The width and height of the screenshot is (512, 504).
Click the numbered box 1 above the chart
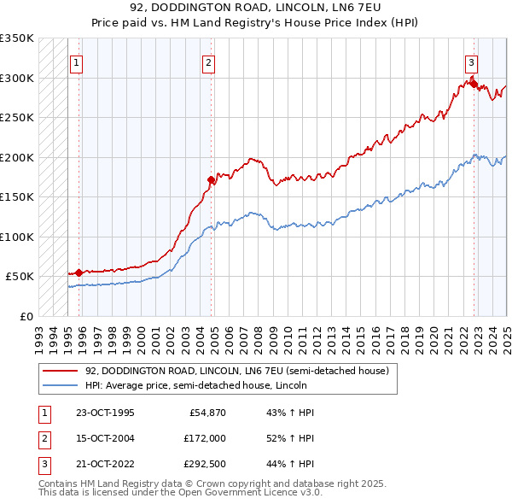(77, 62)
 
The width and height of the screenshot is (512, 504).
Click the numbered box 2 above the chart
(208, 62)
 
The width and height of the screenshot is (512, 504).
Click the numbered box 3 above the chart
(470, 62)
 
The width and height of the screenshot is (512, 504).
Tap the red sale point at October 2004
(212, 179)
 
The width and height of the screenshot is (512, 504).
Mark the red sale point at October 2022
(473, 84)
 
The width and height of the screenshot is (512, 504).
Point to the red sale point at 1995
(79, 273)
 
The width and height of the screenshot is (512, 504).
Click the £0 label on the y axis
(26, 316)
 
